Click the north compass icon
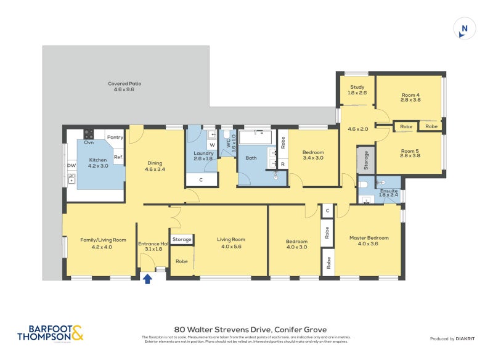[464, 29]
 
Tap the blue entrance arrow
[147, 279]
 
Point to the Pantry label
[115, 137]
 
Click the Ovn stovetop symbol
[89, 134]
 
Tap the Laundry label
[203, 155]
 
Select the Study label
[357, 90]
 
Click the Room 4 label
[410, 97]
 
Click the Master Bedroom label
[369, 240]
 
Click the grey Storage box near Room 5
[366, 160]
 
